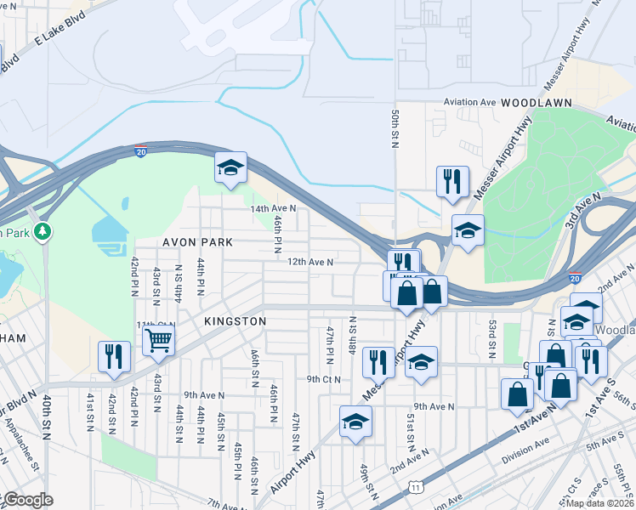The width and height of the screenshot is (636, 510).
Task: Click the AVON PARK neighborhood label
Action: click(x=198, y=242)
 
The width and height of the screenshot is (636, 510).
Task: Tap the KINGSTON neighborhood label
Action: click(x=236, y=321)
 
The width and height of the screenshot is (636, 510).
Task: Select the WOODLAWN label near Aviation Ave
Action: click(x=536, y=102)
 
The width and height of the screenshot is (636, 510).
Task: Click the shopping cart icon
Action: click(x=158, y=341)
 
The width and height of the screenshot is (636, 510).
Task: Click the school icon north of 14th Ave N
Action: click(x=230, y=167)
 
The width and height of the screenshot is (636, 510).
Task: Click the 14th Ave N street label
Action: click(x=272, y=208)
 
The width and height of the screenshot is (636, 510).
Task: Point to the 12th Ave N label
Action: click(x=309, y=263)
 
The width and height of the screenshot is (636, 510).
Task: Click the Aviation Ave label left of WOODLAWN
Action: click(x=469, y=102)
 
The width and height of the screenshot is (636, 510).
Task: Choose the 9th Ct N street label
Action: click(x=323, y=379)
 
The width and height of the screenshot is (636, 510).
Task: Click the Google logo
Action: click(x=27, y=500)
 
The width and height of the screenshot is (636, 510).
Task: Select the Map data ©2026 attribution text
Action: click(x=597, y=503)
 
